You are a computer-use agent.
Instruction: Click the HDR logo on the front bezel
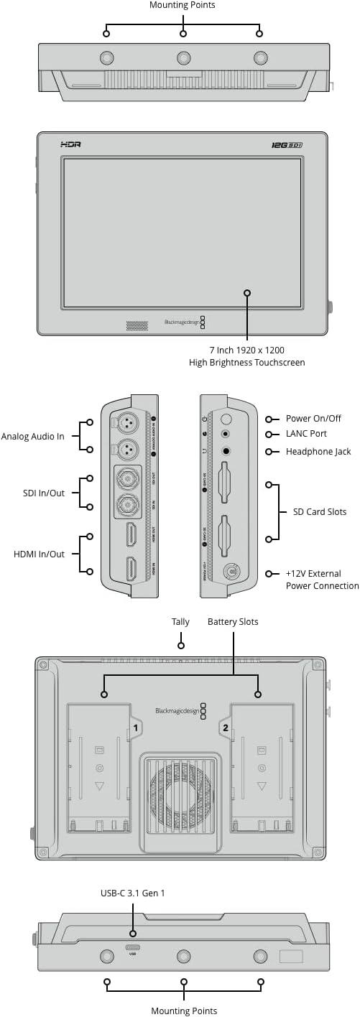click(x=71, y=145)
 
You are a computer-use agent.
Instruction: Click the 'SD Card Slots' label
click(x=319, y=512)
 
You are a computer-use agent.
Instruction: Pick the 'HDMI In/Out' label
click(x=39, y=554)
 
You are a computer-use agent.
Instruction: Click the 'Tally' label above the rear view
click(x=180, y=621)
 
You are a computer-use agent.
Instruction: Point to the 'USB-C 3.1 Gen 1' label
click(x=133, y=893)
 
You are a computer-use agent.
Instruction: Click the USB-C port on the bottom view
click(x=133, y=947)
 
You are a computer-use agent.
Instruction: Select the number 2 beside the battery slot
click(x=226, y=728)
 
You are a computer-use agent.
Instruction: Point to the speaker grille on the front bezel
click(x=137, y=325)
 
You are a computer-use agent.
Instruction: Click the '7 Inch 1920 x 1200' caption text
click(x=246, y=350)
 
